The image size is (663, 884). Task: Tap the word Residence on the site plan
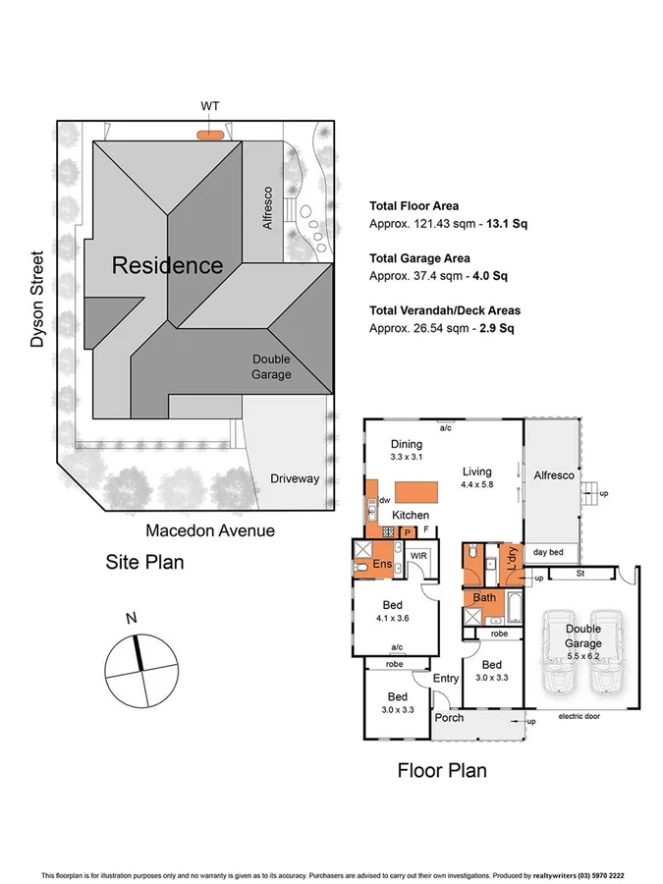pos(167,265)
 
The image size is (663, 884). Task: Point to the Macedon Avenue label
pos(210,530)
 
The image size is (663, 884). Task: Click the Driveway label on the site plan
pos(295,478)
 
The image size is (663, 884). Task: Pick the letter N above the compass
pos(131,619)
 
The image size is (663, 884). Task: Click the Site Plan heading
pos(144,563)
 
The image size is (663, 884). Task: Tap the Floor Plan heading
pos(441,770)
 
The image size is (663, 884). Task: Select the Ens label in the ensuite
pos(383,565)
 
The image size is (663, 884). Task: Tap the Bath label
pos(484,597)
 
